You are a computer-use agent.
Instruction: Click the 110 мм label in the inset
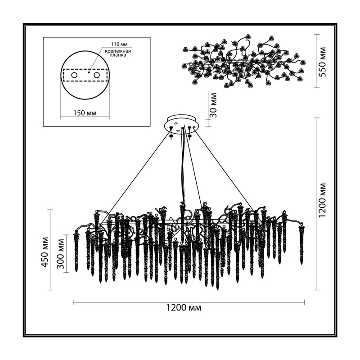[x=119, y=44]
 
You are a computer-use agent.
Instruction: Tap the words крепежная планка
[x=118, y=53]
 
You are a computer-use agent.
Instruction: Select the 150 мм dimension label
[x=85, y=113]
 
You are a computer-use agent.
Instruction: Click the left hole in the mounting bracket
[x=74, y=75]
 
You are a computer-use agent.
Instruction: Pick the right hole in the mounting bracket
[x=97, y=75]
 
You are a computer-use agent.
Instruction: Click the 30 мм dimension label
[x=213, y=105]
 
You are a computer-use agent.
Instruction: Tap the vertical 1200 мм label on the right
[x=323, y=200]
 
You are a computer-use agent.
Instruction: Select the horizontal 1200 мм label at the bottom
[x=184, y=307]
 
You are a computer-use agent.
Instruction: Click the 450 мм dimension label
[x=45, y=252]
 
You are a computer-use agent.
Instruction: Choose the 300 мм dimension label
[x=61, y=254]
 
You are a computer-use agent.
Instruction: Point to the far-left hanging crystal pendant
[x=76, y=252]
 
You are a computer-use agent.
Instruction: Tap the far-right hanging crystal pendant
[x=301, y=245]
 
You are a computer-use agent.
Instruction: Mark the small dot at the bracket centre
[x=88, y=72]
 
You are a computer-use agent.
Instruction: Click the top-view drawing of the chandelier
[x=244, y=62]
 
